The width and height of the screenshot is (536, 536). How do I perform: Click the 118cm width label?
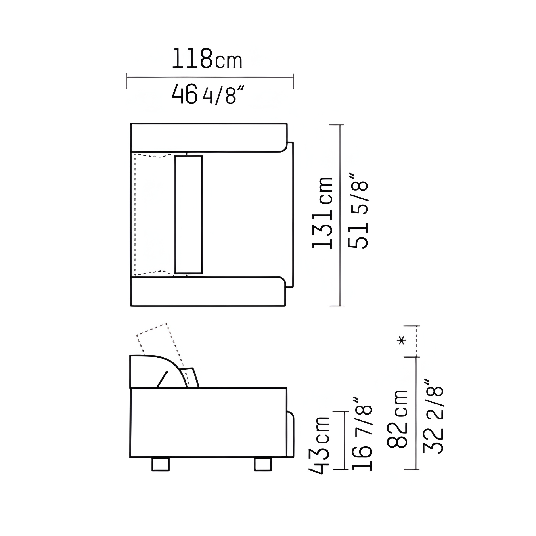pyautogui.click(x=207, y=59)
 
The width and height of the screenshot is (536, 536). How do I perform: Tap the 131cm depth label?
pyautogui.click(x=322, y=213)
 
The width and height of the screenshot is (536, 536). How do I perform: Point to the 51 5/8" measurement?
pyautogui.click(x=358, y=211)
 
